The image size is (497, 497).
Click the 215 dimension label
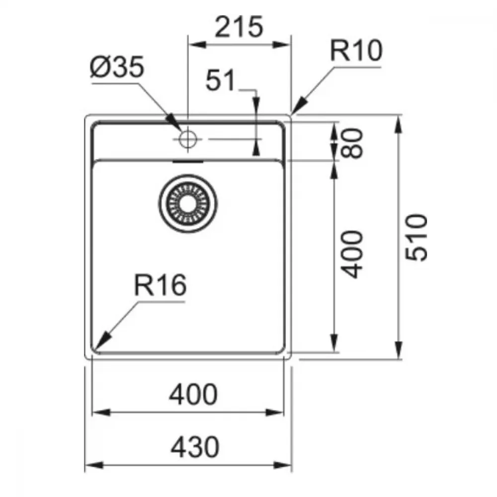[x=239, y=27]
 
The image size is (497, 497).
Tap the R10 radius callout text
[x=356, y=51]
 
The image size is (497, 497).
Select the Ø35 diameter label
[x=117, y=67]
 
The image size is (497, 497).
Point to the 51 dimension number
[x=221, y=80]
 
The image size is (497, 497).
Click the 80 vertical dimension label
[x=351, y=143]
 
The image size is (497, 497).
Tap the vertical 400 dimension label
[x=351, y=254]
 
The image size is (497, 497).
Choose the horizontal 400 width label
[x=193, y=394]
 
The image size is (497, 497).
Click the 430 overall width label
[x=195, y=447]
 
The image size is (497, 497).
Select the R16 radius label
[x=161, y=285]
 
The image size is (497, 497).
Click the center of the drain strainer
[x=188, y=203]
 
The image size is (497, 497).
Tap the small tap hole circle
[x=188, y=139]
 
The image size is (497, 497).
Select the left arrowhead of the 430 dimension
[x=94, y=465]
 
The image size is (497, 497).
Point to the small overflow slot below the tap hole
[x=188, y=162]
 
